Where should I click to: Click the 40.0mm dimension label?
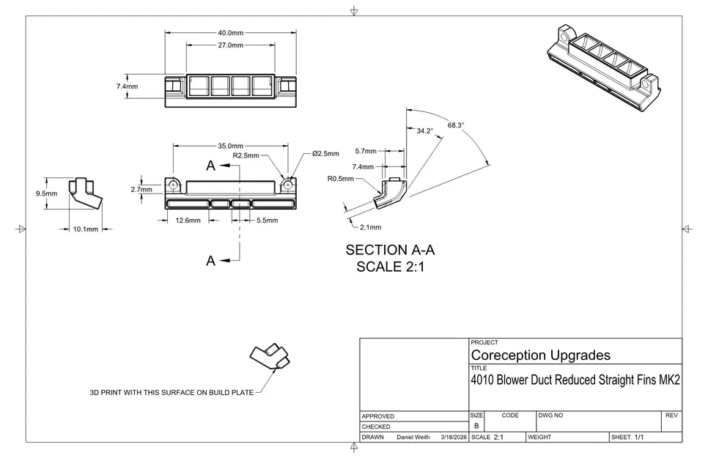pos(230,33)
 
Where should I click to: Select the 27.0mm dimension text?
pos(230,45)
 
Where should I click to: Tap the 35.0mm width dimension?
pos(230,146)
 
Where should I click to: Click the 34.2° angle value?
pos(424,130)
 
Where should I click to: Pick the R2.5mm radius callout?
pos(246,155)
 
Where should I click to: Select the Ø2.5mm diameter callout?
pos(325,154)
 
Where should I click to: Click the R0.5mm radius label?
pos(341,179)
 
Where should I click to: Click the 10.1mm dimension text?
pos(85,229)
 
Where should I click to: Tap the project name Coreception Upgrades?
pos(540,355)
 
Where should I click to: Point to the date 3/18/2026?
pos(453,437)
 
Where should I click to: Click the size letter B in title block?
pos(476,426)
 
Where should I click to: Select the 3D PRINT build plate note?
pos(172,393)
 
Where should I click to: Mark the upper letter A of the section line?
pos(211,166)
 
